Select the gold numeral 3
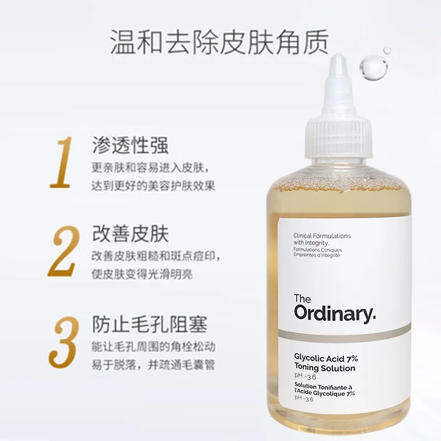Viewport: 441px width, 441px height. coord(63,342)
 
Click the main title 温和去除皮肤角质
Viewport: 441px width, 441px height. coord(219,42)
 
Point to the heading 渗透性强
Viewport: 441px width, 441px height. coord(131,145)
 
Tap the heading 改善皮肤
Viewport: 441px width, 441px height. coord(131,234)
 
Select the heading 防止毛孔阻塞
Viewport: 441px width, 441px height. coord(149,324)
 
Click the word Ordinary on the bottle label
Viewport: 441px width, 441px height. coord(335,314)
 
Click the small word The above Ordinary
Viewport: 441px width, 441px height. coord(302,298)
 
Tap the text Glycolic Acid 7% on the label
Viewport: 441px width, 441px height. coord(326,358)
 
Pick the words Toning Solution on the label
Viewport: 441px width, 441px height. coord(325,368)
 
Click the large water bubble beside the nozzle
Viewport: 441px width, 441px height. coord(373,68)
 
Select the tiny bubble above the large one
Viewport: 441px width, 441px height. coord(388,51)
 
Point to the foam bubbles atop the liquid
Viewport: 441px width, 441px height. coord(338,182)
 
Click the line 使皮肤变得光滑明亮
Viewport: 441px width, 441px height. coord(142,274)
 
